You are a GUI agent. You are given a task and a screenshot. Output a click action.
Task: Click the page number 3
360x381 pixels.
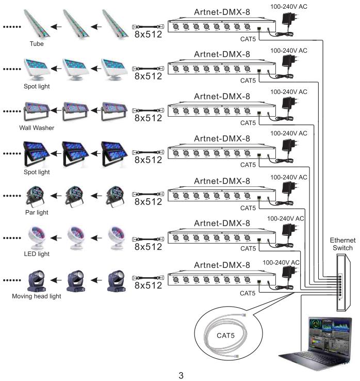tap(181, 375)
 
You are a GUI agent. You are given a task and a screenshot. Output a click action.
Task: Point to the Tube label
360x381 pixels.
tap(37, 44)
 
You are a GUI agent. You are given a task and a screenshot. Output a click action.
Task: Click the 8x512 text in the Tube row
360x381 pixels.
tap(148, 34)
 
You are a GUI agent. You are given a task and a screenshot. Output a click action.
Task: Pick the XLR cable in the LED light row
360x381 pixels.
tap(149, 238)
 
